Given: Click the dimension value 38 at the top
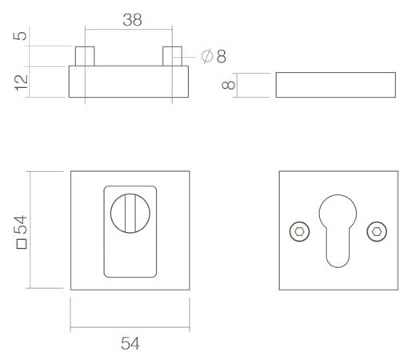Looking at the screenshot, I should [132, 20].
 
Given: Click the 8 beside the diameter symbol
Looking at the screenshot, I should [221, 56].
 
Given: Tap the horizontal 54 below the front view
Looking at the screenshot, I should [130, 343].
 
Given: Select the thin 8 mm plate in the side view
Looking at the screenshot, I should [335, 85].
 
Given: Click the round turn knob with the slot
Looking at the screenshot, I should [130, 213].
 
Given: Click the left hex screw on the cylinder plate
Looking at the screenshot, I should [297, 230].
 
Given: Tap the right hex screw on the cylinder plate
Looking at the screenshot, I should [374, 230].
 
